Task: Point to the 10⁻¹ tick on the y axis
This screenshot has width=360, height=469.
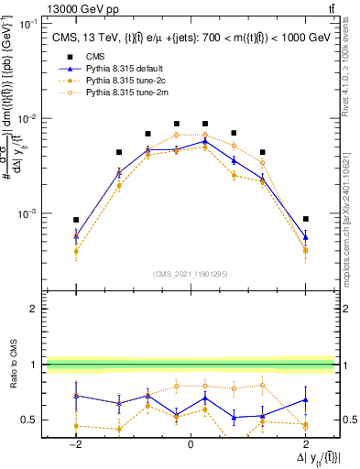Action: click(27, 24)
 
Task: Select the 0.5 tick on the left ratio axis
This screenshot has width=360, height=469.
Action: click(31, 420)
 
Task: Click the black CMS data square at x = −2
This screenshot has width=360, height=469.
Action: click(77, 220)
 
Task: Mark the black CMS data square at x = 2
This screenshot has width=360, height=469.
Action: click(305, 219)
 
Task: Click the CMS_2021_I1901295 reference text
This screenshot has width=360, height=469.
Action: click(191, 273)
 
